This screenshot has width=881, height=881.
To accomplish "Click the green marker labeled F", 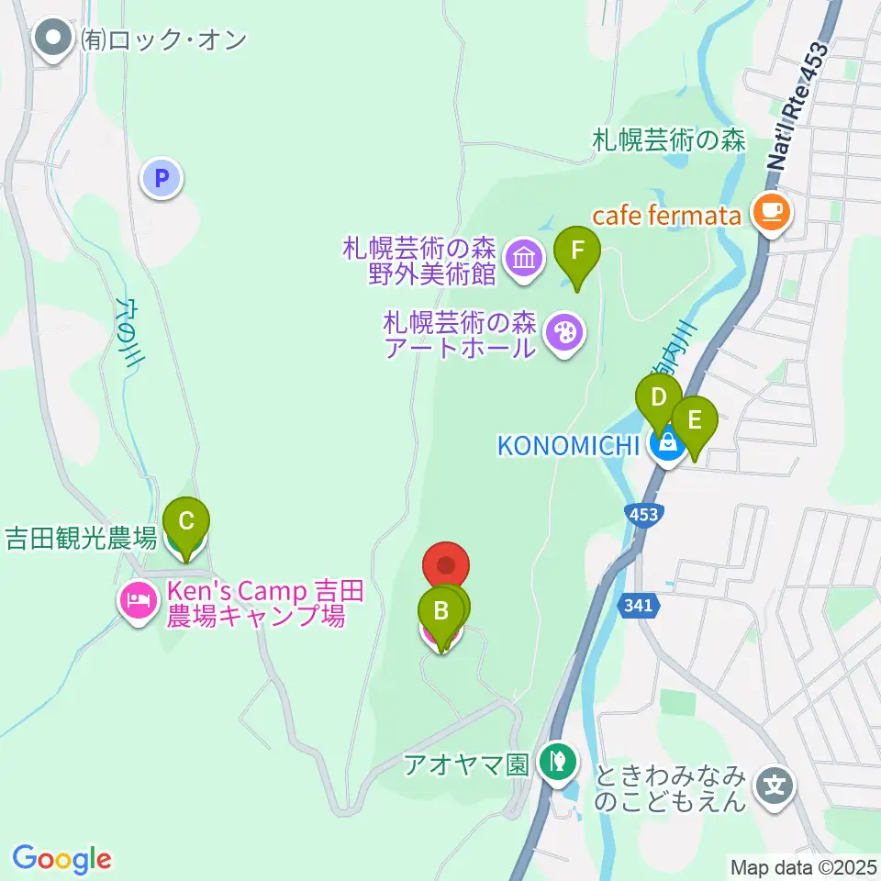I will coord(577,251).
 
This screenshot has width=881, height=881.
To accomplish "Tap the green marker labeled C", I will coord(185,523).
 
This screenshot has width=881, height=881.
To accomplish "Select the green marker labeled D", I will coord(658,398).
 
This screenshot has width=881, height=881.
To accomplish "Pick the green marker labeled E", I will coord(694,420).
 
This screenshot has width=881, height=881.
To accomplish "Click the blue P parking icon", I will coord(162,178).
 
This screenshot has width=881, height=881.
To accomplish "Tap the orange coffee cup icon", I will coord(770,212).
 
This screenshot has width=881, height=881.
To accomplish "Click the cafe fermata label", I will coord(666,217).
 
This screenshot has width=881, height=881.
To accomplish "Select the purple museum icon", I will coord(524,258).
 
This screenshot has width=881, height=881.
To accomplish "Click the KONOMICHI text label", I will coord(567,446).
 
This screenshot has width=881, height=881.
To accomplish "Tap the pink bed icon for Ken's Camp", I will coord(138,602).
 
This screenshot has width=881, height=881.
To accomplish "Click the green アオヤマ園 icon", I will coord(555,761).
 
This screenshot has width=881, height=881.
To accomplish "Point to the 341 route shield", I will coord(641,606).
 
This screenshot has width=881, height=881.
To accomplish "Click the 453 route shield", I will coord(644,515).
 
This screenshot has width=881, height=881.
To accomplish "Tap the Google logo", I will coord(61,859).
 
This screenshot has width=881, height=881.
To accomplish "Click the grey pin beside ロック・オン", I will coord(53,39).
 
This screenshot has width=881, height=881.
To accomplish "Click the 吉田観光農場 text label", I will coord(81,538).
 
